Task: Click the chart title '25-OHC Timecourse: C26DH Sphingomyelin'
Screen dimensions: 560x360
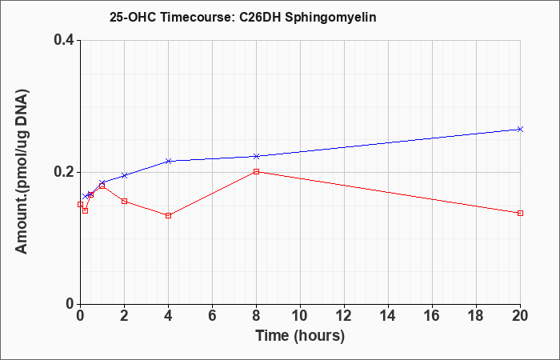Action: click(x=243, y=18)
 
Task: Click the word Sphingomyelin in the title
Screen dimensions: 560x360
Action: click(x=330, y=18)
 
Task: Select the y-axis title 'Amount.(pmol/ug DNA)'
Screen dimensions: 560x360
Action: click(x=22, y=171)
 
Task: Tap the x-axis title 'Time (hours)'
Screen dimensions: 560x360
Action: click(x=300, y=336)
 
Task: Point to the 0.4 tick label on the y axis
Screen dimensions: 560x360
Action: click(x=64, y=40)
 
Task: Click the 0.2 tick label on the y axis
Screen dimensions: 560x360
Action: click(x=64, y=172)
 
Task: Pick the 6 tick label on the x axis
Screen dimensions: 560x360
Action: click(x=212, y=316)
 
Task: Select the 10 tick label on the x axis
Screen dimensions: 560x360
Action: click(x=300, y=316)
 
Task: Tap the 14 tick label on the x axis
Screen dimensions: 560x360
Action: click(x=388, y=316)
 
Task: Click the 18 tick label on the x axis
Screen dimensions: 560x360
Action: click(x=476, y=316)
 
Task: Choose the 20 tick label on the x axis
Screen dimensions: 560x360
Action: click(x=520, y=316)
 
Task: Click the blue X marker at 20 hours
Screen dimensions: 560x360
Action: click(x=520, y=129)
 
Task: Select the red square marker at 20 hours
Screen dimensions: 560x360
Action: click(x=520, y=214)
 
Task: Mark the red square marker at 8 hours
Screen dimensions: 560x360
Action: click(x=257, y=171)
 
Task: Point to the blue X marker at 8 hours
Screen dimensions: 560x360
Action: click(x=257, y=156)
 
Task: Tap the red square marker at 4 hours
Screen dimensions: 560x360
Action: click(x=169, y=215)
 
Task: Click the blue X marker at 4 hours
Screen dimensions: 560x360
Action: click(x=169, y=161)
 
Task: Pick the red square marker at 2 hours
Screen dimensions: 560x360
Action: click(x=124, y=201)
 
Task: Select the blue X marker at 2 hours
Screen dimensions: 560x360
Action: click(x=124, y=175)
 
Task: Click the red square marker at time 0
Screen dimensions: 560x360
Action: click(x=80, y=204)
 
